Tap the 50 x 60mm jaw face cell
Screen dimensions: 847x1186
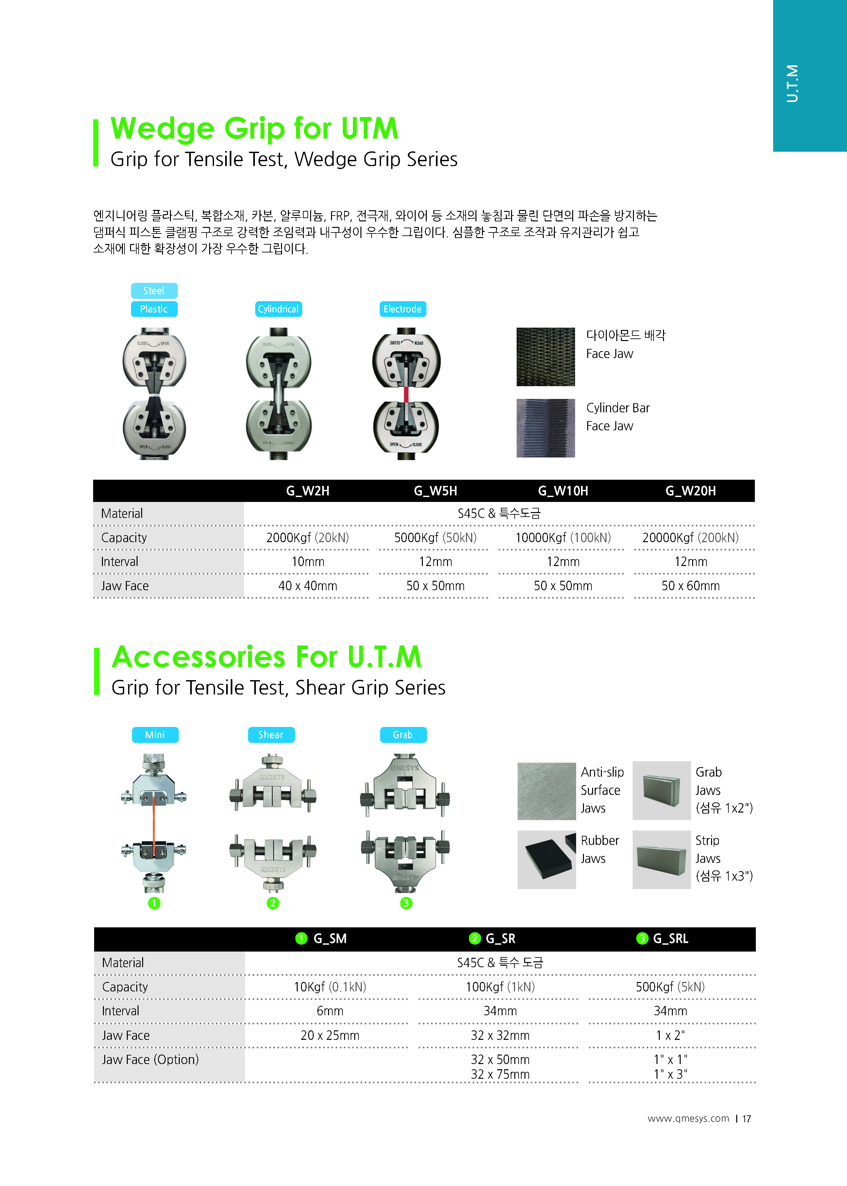690,586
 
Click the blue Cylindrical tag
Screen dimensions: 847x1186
278,309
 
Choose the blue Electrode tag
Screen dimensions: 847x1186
402,309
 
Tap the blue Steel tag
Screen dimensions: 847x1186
154,291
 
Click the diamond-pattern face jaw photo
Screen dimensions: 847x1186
545,357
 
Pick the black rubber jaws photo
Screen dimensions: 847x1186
547,859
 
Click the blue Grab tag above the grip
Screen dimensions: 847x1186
403,735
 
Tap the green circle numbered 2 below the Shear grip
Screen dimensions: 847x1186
273,903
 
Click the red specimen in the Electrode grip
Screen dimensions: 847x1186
406,394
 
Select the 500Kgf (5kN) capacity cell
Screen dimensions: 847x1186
670,987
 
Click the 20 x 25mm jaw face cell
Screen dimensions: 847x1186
330,1035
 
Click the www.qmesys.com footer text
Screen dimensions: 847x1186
688,1118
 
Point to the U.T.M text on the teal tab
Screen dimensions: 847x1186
792,83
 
